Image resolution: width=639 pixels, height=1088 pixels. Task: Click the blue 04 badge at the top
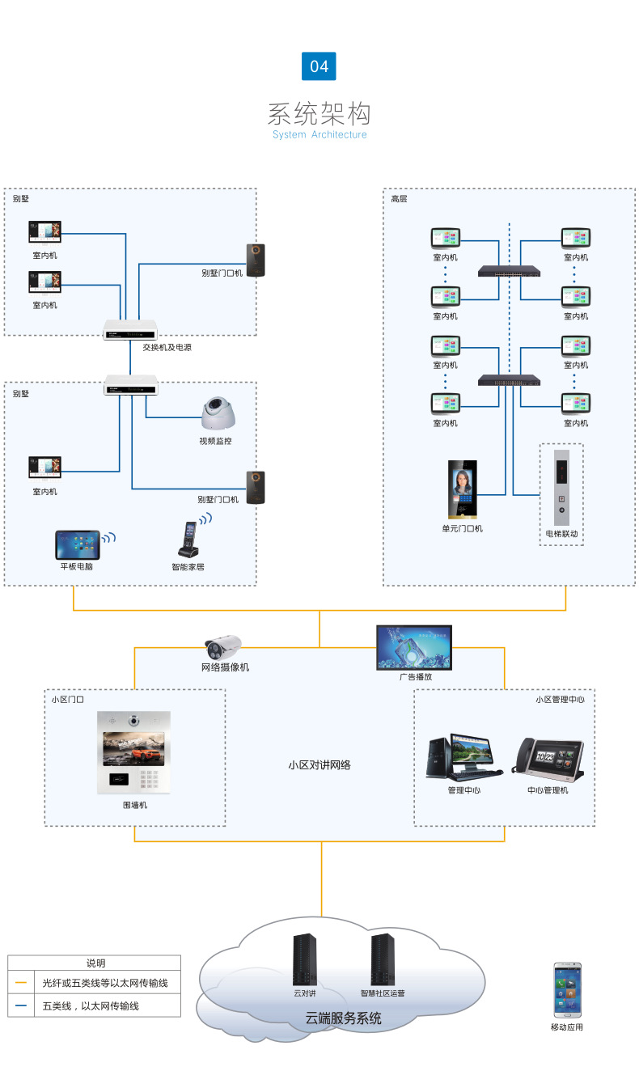319,66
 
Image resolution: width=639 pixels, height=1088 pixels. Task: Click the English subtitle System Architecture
319,135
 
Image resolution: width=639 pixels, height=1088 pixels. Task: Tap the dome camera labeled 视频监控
218,413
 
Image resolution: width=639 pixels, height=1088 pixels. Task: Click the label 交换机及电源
167,347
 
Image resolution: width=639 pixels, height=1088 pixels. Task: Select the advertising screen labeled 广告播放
414,647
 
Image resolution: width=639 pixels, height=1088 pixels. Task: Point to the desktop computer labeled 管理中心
463,756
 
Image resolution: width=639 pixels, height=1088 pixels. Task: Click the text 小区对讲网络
319,764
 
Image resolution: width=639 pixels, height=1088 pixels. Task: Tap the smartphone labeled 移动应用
567,990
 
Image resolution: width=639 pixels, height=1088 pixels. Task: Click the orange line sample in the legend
22,984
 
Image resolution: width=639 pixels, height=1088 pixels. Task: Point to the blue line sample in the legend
22,1005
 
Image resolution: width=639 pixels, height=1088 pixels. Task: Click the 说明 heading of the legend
95,963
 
